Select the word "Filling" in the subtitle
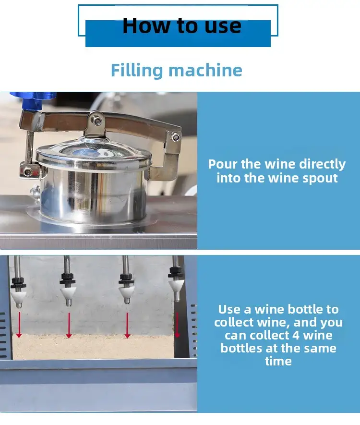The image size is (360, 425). [137, 71]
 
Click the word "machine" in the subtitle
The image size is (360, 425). [205, 71]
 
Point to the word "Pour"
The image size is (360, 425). [223, 164]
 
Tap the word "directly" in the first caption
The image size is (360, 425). [323, 165]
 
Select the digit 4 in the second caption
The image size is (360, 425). [296, 336]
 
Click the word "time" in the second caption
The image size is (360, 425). [278, 361]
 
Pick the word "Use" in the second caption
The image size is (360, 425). [230, 310]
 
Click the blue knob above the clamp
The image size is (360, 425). [33, 100]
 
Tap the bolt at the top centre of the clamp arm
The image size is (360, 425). [96, 121]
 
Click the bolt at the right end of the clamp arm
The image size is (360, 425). [175, 137]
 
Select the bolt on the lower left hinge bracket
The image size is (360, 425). [28, 171]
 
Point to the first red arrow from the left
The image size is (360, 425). [19, 325]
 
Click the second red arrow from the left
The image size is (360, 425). [69, 325]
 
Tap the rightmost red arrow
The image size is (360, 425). [177, 325]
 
